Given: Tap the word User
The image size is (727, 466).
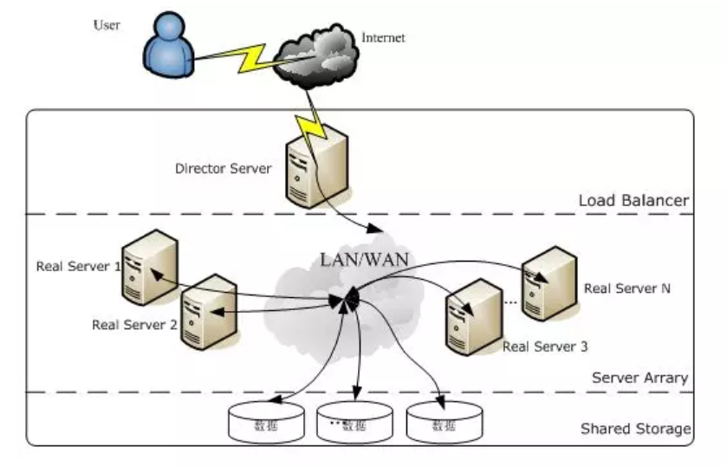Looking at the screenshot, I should [107, 25].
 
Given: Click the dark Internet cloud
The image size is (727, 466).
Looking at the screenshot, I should [315, 58].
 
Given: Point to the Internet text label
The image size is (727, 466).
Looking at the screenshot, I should [383, 38].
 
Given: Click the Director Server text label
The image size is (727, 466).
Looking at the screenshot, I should [224, 168].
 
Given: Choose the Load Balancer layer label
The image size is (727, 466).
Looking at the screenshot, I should [633, 201].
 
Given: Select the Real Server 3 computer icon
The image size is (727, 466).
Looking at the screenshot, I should [470, 317].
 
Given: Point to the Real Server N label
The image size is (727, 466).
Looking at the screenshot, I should [627, 288].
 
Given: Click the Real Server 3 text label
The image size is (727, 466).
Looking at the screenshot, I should [545, 346].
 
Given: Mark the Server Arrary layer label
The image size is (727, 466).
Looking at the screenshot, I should [639, 378].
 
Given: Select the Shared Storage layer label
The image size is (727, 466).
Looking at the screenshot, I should [635, 429].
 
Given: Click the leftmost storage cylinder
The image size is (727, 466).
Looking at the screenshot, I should [266, 422].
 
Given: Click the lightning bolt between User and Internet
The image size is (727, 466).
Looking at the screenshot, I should [245, 57].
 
